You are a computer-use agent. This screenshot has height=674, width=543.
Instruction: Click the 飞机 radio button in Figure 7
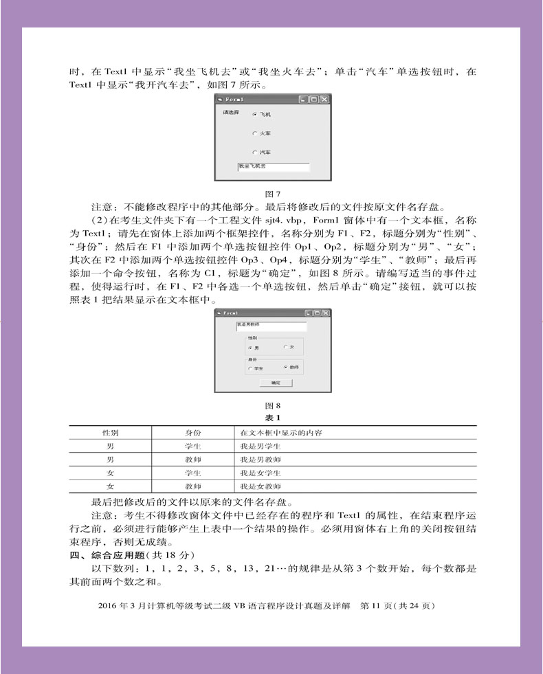click(254, 115)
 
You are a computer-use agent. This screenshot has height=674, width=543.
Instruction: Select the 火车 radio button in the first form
click(254, 133)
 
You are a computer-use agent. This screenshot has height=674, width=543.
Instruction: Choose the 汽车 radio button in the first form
click(254, 152)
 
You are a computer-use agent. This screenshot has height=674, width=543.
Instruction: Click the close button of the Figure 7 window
click(324, 100)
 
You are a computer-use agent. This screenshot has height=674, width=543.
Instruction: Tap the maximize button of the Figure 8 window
click(317, 313)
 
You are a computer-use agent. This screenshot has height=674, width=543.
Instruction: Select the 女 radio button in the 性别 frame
click(285, 348)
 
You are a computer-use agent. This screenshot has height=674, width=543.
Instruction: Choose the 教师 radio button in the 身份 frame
click(285, 368)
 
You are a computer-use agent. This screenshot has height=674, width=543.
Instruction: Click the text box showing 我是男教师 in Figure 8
click(271, 326)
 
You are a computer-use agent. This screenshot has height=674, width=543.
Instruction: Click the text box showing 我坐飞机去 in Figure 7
click(273, 167)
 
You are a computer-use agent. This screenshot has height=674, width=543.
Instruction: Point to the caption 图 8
click(273, 405)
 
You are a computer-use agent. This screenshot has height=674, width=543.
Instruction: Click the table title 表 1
click(273, 418)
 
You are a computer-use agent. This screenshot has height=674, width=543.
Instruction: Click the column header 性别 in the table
click(110, 433)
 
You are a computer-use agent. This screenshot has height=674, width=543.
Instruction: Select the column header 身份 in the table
click(192, 433)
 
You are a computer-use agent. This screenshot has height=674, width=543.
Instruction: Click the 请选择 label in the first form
click(231, 112)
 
